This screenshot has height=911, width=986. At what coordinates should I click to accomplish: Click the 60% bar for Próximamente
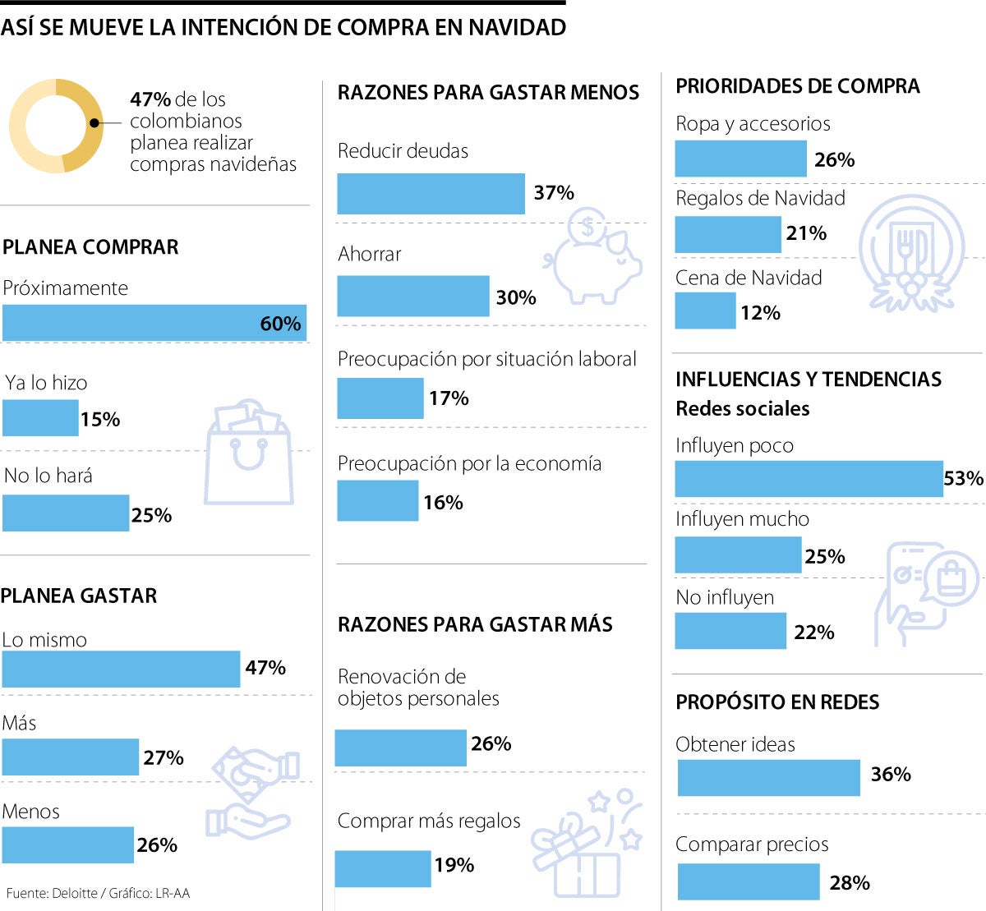(x=154, y=323)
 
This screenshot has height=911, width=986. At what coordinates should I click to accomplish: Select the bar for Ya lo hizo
(x=40, y=418)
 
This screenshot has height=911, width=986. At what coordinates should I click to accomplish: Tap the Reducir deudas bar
(x=431, y=194)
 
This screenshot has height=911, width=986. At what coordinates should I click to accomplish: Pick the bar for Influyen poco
(x=809, y=478)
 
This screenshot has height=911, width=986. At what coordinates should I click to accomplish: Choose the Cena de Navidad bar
(x=705, y=311)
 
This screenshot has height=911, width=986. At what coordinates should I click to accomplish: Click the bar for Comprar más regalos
(x=383, y=868)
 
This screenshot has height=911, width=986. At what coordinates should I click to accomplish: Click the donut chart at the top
(x=56, y=126)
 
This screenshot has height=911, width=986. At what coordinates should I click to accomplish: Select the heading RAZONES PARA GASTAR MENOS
(x=488, y=93)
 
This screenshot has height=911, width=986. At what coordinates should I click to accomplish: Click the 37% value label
(x=554, y=193)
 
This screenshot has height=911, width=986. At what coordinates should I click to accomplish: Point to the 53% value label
(x=963, y=478)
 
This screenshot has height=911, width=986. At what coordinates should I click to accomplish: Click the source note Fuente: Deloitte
(x=98, y=893)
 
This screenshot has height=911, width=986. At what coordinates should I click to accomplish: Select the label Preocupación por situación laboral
(x=486, y=359)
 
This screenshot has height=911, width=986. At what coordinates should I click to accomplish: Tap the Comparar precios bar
(x=749, y=882)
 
